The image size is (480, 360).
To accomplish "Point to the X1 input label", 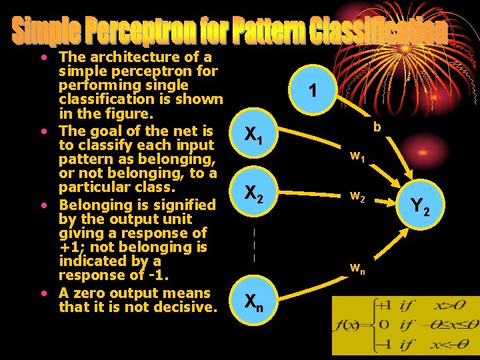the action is [x=253, y=136].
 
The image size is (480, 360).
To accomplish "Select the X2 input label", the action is [x=253, y=193].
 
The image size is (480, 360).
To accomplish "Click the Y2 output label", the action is [x=421, y=207].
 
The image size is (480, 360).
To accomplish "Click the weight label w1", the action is [x=357, y=157].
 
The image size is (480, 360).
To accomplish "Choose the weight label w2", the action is [x=357, y=197].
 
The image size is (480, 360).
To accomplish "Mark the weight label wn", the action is [x=357, y=269].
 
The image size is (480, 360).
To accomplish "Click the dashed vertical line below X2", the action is [x=254, y=244].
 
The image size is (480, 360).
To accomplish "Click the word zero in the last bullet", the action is [x=89, y=293].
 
